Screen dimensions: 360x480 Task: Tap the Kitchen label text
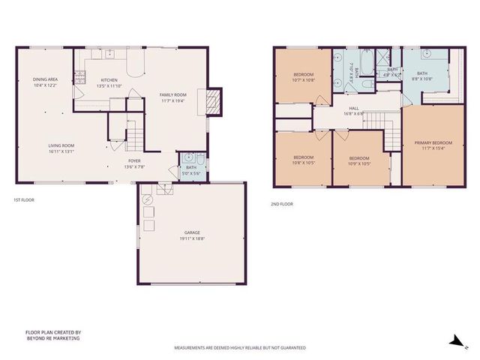coord(105,82)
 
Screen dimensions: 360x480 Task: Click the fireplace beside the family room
coord(214,100)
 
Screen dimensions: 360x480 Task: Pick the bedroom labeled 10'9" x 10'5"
coord(359,161)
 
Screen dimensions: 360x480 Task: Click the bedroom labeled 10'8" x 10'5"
coord(304,159)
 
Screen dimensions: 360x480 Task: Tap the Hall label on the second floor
coord(354,110)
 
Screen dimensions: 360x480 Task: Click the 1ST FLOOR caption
coord(24,200)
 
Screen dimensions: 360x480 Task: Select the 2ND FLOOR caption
coord(282,204)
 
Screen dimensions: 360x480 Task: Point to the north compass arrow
coord(454,341)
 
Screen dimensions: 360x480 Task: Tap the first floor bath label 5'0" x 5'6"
coord(191,170)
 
